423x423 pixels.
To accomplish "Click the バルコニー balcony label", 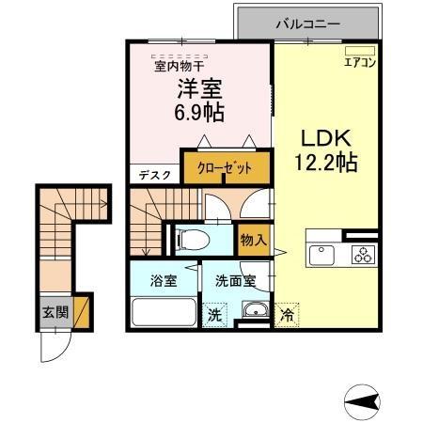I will click(x=307, y=23).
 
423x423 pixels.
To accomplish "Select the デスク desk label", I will click(x=153, y=175).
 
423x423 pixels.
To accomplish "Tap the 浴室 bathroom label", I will click(x=164, y=280).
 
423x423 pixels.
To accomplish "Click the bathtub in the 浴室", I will click(x=164, y=312).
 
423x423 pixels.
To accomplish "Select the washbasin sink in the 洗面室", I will click(x=254, y=312).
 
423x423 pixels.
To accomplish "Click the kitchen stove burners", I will click(x=362, y=254).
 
